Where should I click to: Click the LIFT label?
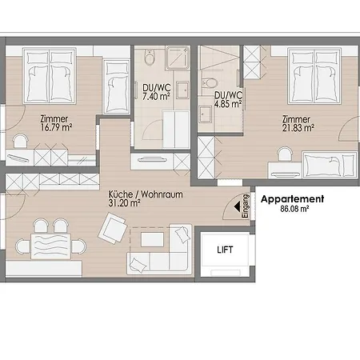(225, 250)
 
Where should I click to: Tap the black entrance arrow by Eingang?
(237, 206)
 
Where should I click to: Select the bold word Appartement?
(292, 199)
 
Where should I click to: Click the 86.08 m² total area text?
(294, 209)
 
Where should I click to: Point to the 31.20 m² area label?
(124, 203)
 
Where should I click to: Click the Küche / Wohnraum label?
(146, 194)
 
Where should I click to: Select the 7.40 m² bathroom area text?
(156, 96)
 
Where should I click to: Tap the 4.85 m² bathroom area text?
(228, 104)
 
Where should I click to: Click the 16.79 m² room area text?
(56, 127)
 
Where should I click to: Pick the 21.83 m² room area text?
(298, 128)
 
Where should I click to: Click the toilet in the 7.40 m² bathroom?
(150, 57)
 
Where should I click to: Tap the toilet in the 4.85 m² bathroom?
(210, 83)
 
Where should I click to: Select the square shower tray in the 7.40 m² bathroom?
(178, 58)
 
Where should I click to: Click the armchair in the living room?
(112, 228)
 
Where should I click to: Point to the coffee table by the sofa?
(152, 239)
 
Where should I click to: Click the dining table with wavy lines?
(50, 246)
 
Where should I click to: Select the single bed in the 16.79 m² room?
(116, 86)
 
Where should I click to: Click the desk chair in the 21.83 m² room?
(285, 154)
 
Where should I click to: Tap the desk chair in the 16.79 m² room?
(21, 142)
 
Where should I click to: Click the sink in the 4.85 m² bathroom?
(206, 114)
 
